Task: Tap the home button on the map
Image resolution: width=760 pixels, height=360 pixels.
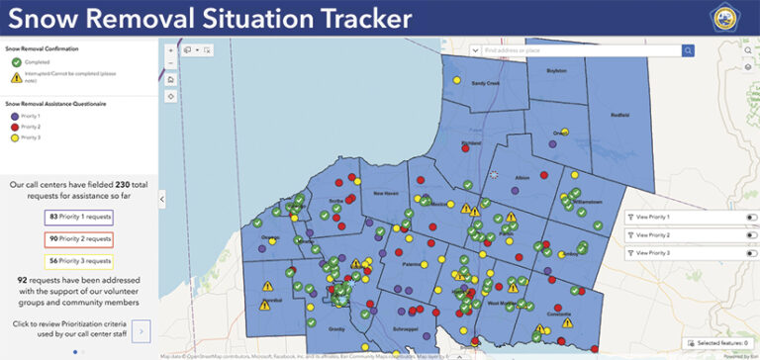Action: coord(171,79)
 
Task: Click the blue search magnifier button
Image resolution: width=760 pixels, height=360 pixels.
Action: coord(688,50)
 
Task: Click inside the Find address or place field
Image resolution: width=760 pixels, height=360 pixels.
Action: coord(574,50)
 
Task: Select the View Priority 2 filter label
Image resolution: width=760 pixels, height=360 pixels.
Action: coord(653,235)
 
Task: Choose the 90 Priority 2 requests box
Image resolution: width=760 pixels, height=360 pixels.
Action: coord(79,239)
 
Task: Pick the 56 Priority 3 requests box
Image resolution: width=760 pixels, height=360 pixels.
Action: coord(79,261)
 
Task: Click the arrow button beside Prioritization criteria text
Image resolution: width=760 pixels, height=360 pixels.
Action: coord(141,330)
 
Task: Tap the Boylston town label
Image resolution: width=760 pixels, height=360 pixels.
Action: coord(556,70)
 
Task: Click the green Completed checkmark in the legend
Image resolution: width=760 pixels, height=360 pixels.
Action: coord(16,61)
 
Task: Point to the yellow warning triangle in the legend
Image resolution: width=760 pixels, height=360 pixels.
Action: coord(16,77)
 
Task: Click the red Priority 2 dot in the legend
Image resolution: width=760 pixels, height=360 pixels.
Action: coord(13,127)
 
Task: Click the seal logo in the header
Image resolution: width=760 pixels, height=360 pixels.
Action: coord(732,19)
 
